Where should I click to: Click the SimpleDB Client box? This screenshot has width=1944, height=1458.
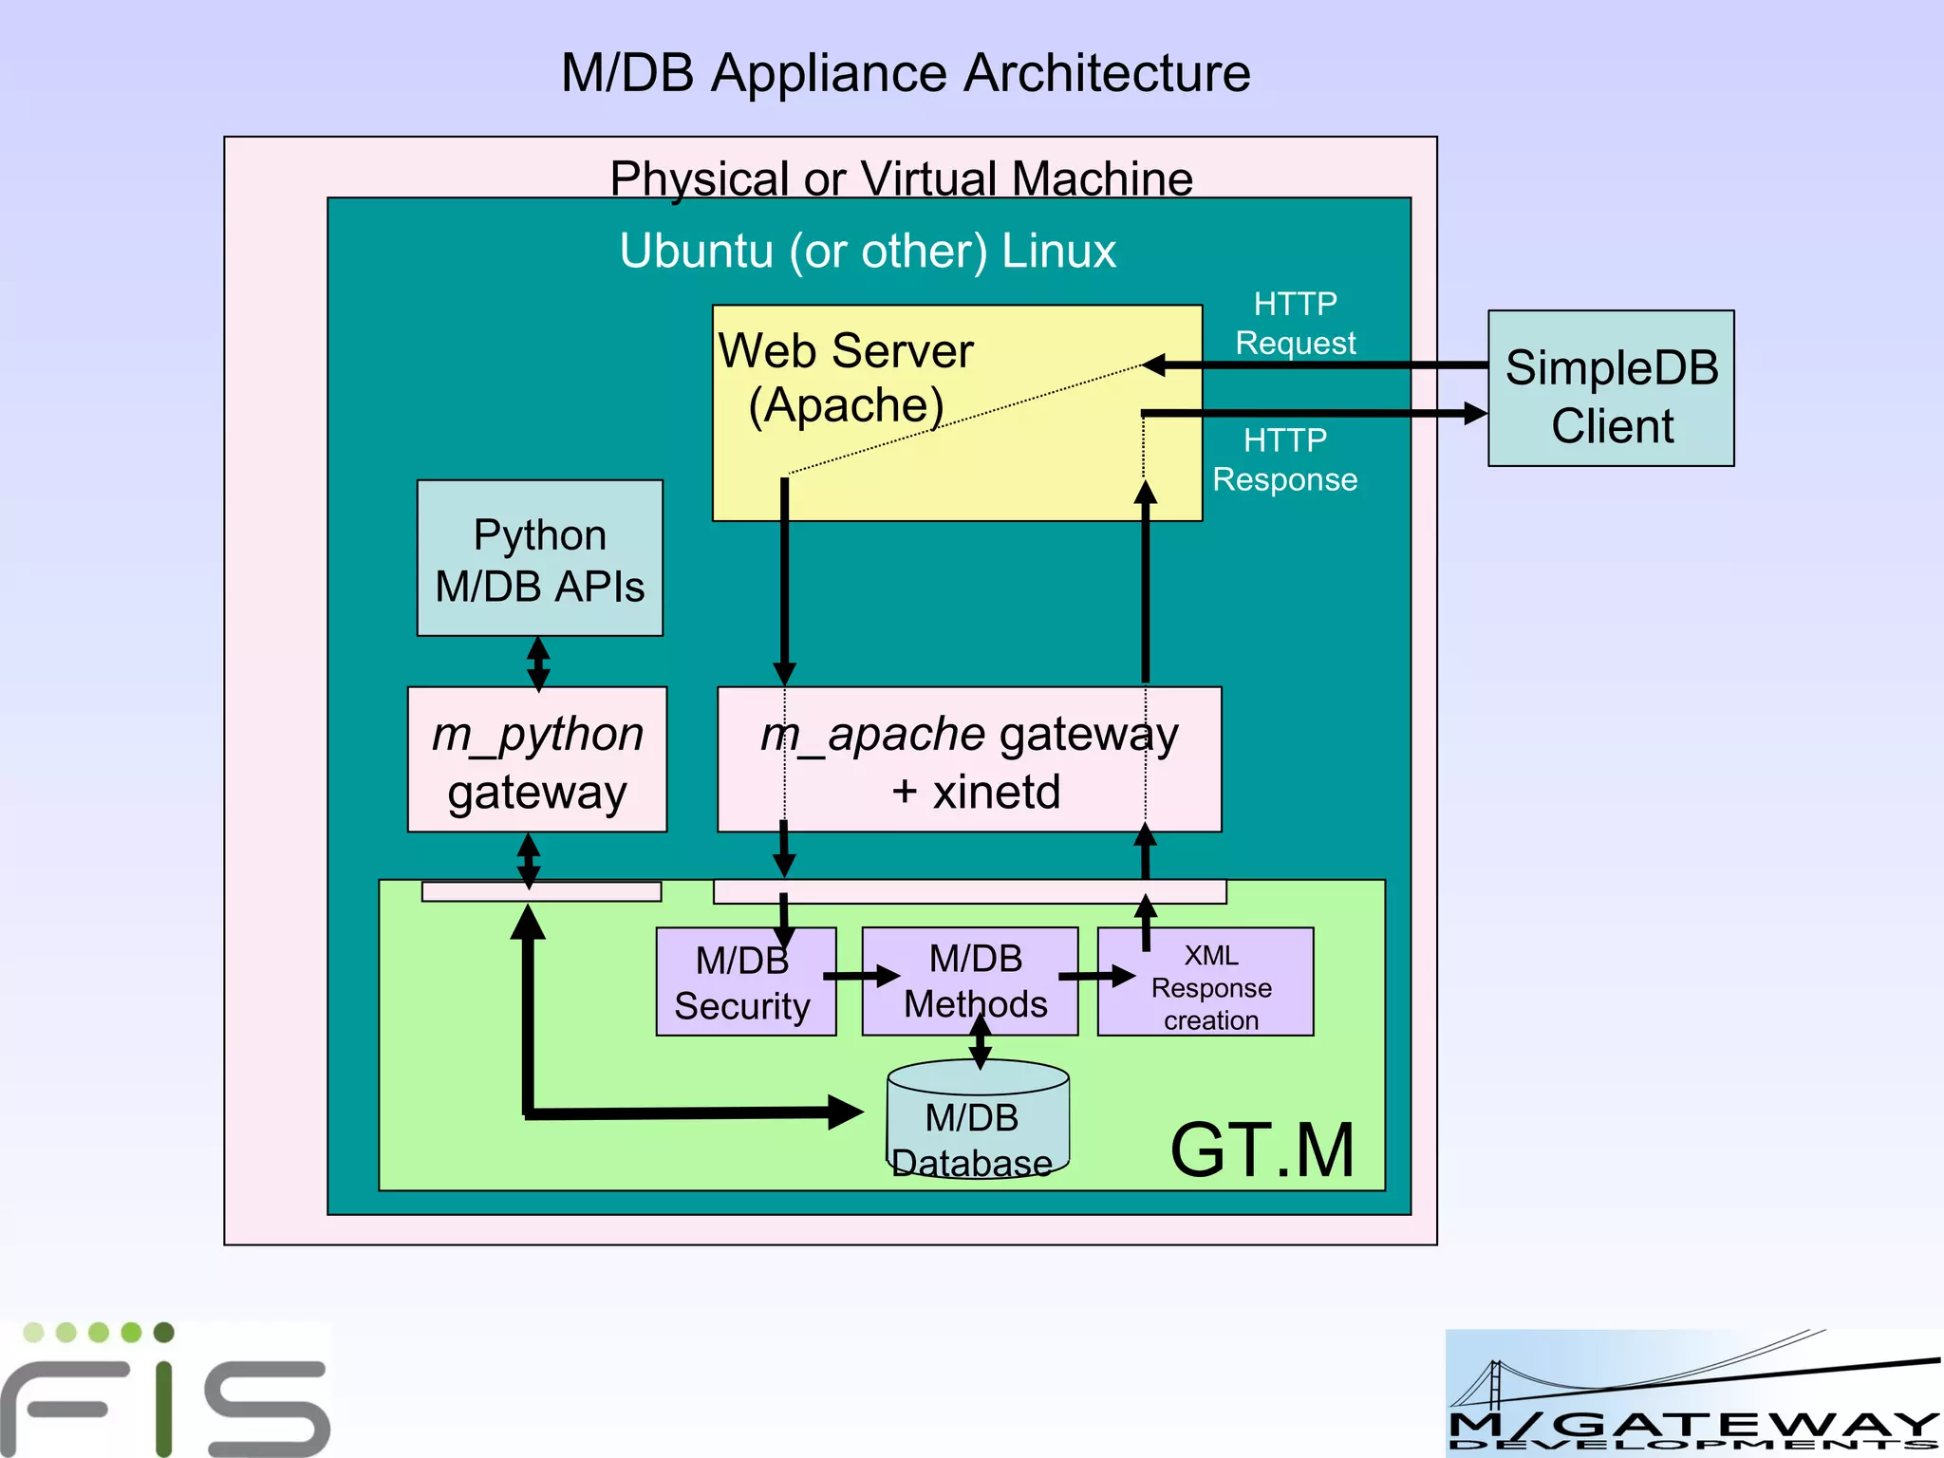(x=1611, y=388)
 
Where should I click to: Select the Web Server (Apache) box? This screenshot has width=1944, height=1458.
(x=957, y=413)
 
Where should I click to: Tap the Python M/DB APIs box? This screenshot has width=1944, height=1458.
(x=539, y=558)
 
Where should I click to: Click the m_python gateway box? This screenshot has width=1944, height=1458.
(x=537, y=759)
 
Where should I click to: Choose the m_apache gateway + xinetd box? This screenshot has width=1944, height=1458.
(x=969, y=759)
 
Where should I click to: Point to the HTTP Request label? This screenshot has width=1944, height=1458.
(x=1295, y=324)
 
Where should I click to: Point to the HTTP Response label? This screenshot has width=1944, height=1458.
(x=1285, y=459)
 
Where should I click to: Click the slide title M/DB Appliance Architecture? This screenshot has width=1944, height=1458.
(x=906, y=73)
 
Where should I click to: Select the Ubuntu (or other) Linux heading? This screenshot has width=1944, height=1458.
(x=868, y=251)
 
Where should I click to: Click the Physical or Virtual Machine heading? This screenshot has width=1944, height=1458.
(x=901, y=178)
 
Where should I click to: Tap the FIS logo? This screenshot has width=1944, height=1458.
(x=166, y=1388)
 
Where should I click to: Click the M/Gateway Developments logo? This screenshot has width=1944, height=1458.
(x=1693, y=1393)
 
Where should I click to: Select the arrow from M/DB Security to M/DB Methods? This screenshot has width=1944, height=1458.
(x=860, y=976)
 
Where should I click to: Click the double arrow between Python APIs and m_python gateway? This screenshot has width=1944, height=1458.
(x=538, y=663)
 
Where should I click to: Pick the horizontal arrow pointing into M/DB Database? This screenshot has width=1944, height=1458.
(x=693, y=1112)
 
